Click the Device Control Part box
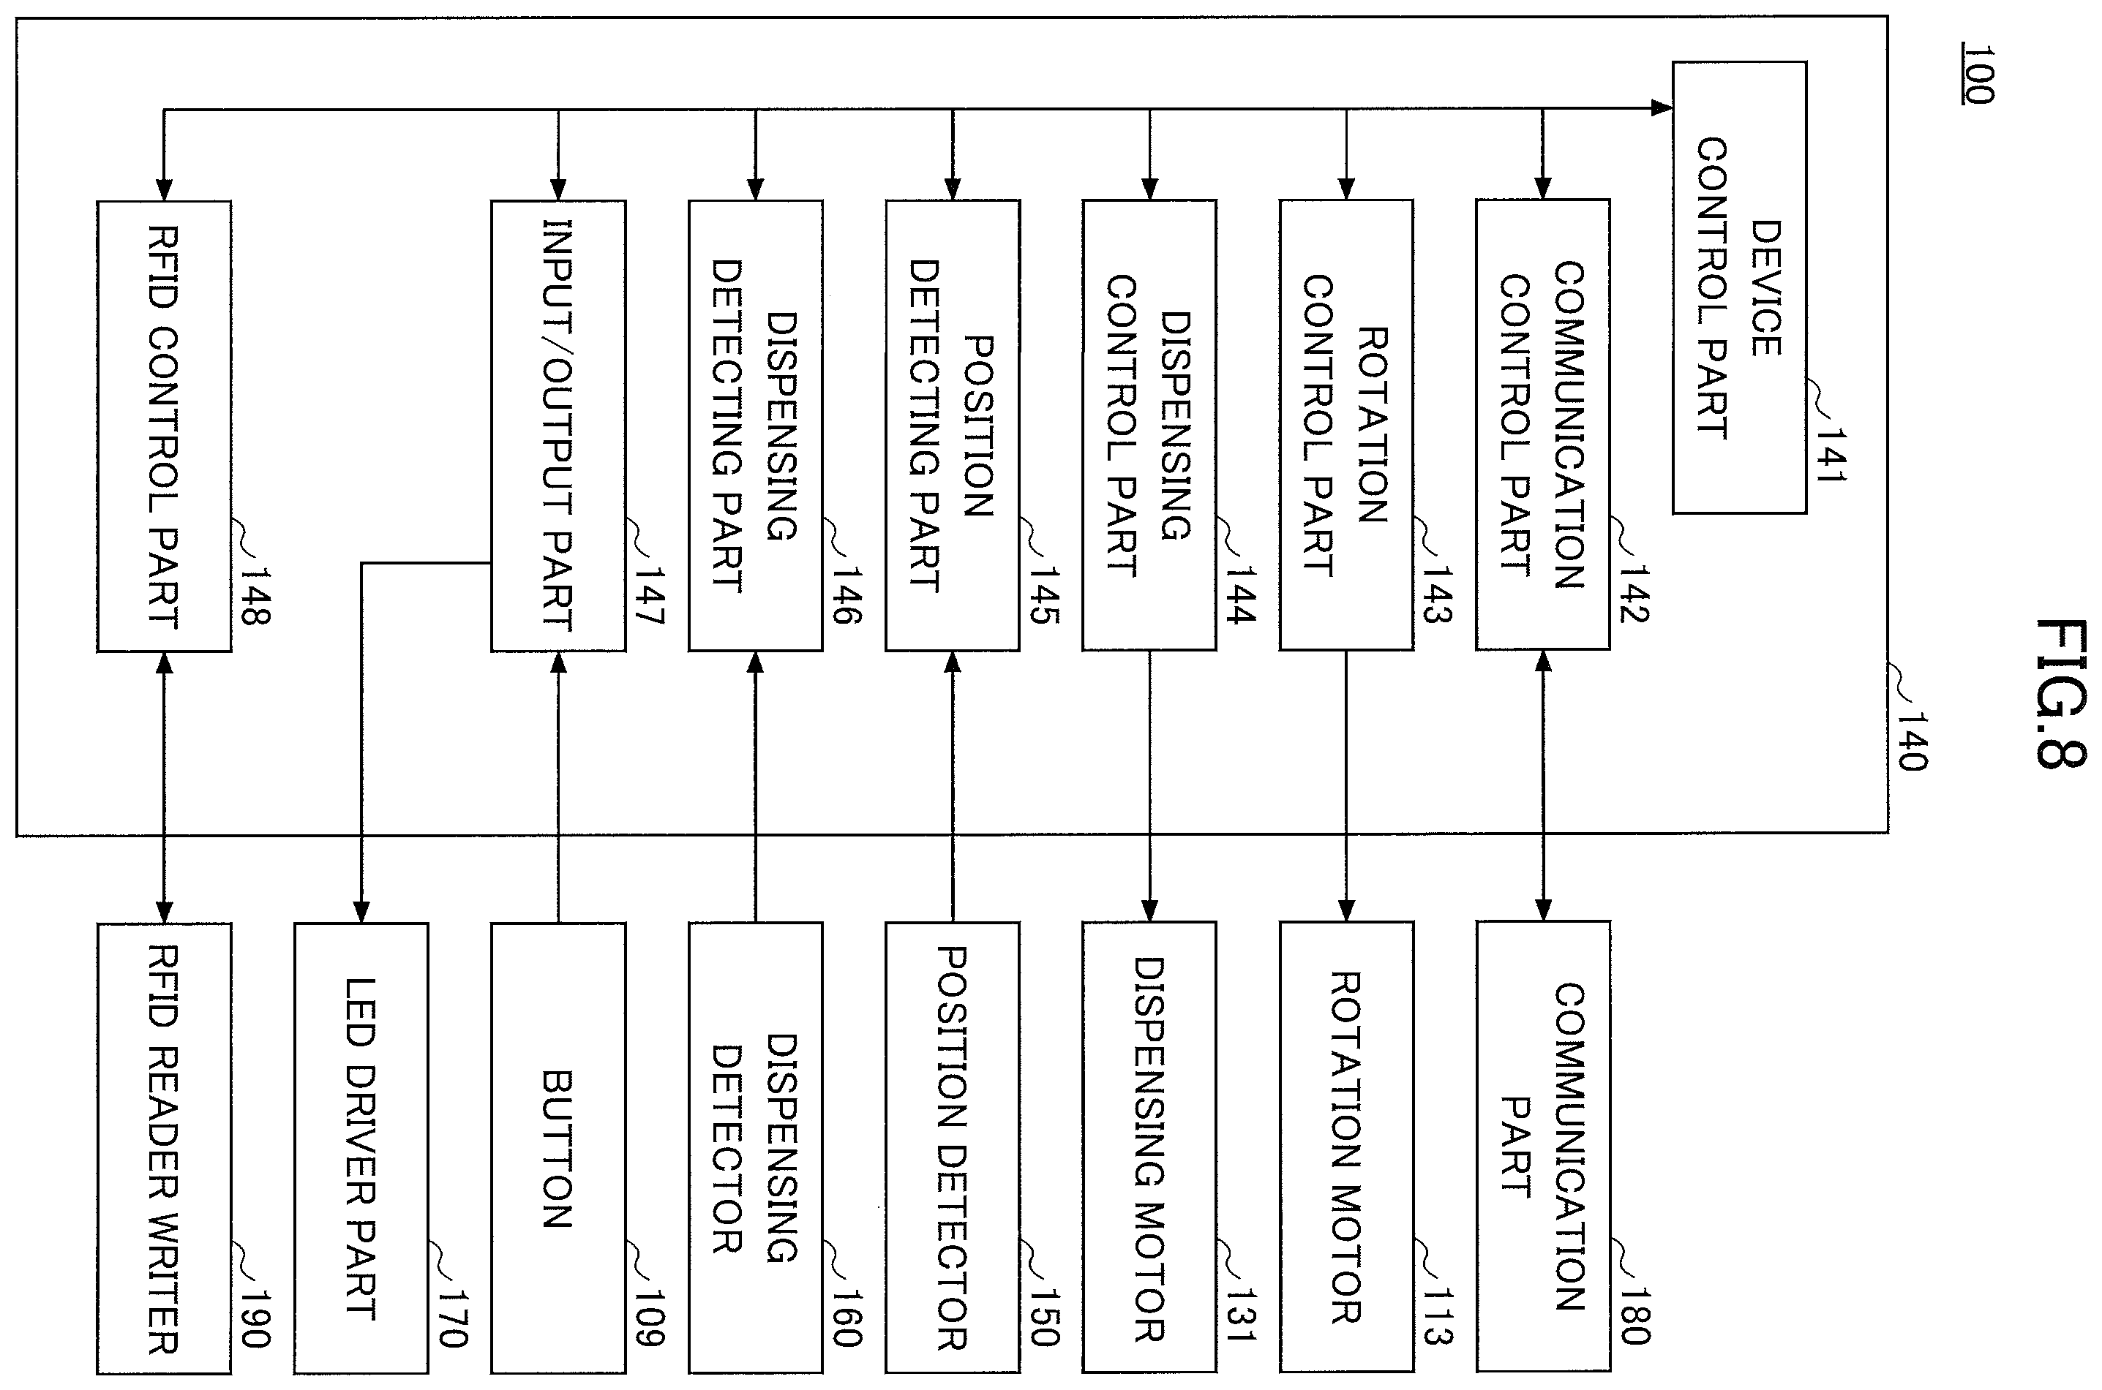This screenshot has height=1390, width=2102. [1739, 287]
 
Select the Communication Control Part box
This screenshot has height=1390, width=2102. [1542, 425]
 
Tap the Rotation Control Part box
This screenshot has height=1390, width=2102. [1345, 425]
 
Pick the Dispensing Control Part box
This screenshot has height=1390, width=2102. [1149, 425]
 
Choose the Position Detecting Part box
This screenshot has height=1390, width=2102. [953, 426]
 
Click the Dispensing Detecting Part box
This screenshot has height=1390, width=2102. [756, 426]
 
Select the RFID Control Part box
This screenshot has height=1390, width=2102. [164, 426]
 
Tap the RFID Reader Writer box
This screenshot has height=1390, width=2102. [164, 1149]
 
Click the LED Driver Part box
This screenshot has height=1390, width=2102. [361, 1149]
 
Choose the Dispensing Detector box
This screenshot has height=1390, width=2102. [756, 1149]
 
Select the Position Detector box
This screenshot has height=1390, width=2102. [953, 1148]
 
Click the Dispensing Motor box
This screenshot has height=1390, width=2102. [1149, 1148]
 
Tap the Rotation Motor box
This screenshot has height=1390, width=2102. [1345, 1148]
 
